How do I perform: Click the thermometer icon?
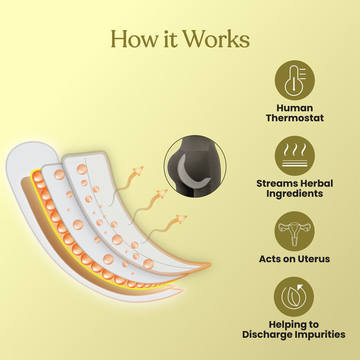(x=295, y=80)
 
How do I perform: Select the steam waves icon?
(x=295, y=155)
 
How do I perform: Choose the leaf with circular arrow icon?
(x=295, y=297)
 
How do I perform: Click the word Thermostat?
(x=295, y=119)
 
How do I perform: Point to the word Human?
(x=295, y=108)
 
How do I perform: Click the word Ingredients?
(x=295, y=194)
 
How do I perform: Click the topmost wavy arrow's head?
(x=139, y=171)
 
